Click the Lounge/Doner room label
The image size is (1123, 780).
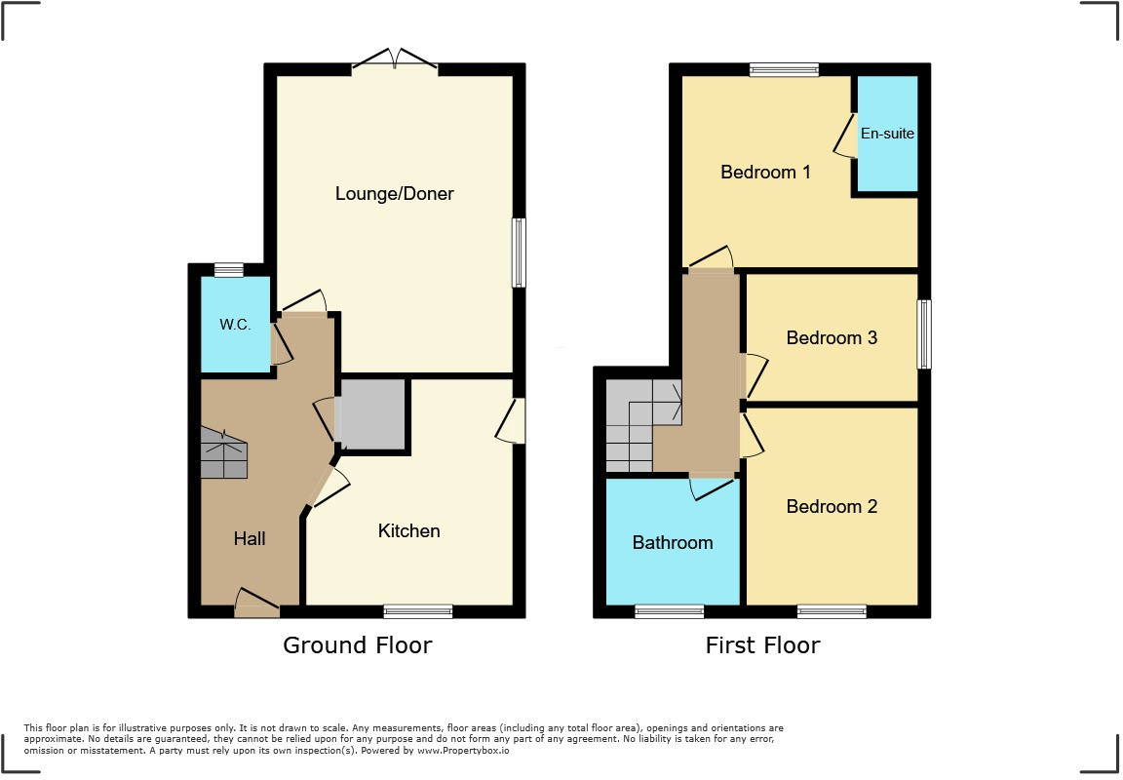click(x=395, y=193)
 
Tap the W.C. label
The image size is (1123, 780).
click(x=235, y=325)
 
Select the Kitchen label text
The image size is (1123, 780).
click(x=408, y=530)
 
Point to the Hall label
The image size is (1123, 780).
click(x=250, y=538)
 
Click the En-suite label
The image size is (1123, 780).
click(x=887, y=133)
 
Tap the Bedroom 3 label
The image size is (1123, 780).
click(x=832, y=337)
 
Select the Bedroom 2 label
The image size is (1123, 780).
click(x=832, y=506)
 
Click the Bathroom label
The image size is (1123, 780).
click(x=673, y=542)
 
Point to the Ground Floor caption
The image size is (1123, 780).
click(x=357, y=644)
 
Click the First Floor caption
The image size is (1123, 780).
click(x=762, y=644)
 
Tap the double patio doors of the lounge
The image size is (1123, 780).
click(x=395, y=61)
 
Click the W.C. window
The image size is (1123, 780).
click(x=229, y=270)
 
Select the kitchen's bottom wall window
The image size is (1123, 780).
click(x=418, y=611)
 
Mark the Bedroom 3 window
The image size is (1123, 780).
click(x=924, y=334)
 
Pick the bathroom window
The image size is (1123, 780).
click(x=669, y=611)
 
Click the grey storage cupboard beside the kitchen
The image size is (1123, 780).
click(x=371, y=414)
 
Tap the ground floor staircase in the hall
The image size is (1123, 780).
click(x=224, y=453)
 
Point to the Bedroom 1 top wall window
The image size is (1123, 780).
click(x=784, y=69)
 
